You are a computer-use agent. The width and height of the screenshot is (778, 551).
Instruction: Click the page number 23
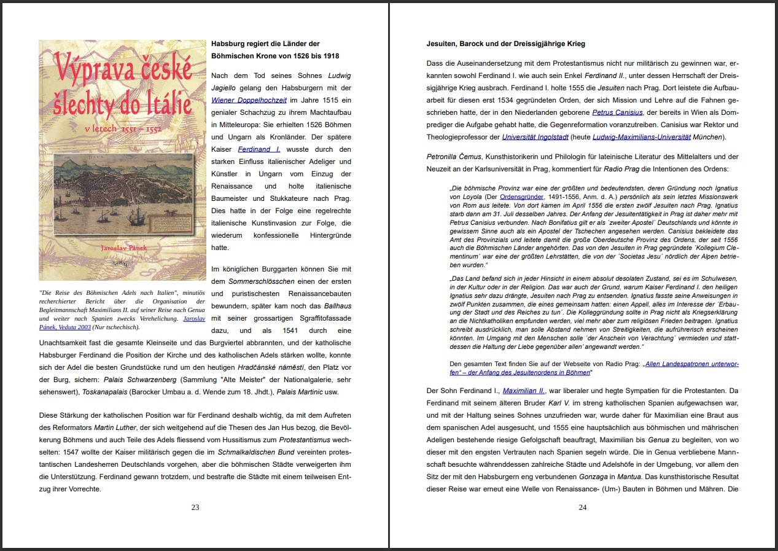(x=195, y=507)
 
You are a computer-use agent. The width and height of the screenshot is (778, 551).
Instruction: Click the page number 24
(x=583, y=507)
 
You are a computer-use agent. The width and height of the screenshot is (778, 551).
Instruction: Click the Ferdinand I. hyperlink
(x=259, y=149)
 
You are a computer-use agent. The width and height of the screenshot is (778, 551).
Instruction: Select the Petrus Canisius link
(x=617, y=112)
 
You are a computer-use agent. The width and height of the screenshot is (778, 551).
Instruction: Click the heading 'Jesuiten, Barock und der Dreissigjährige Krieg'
(x=505, y=44)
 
